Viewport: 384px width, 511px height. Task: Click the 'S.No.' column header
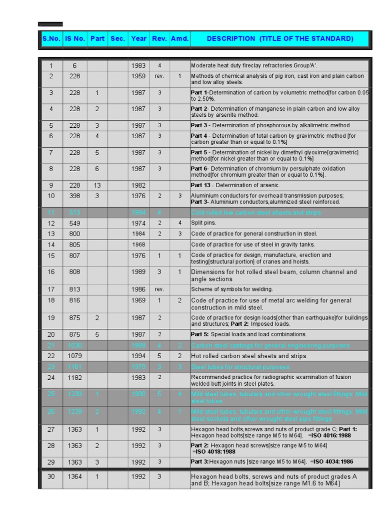[x=51, y=39]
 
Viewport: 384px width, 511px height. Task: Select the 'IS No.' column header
[x=75, y=39]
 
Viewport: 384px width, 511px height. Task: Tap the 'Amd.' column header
[x=179, y=39]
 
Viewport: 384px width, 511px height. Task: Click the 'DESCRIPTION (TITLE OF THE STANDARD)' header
[x=279, y=39]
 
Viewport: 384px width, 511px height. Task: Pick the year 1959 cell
[x=138, y=76]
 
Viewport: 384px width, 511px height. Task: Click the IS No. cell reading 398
[x=75, y=196]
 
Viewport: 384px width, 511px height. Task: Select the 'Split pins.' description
[x=204, y=223]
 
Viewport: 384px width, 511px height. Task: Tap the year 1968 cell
[x=138, y=245]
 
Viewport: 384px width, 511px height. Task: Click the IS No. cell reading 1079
[x=75, y=356]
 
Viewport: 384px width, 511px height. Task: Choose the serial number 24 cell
[x=51, y=378]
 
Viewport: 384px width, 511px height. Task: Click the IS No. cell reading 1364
[x=75, y=477]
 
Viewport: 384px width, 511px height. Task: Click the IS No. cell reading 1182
[x=75, y=378]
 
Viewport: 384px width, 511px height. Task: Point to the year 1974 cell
[x=138, y=223]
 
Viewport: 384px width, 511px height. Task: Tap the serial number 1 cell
[x=51, y=65]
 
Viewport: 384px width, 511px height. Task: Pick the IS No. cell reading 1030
[x=75, y=345]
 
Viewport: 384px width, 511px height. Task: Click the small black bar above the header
[x=51, y=24]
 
